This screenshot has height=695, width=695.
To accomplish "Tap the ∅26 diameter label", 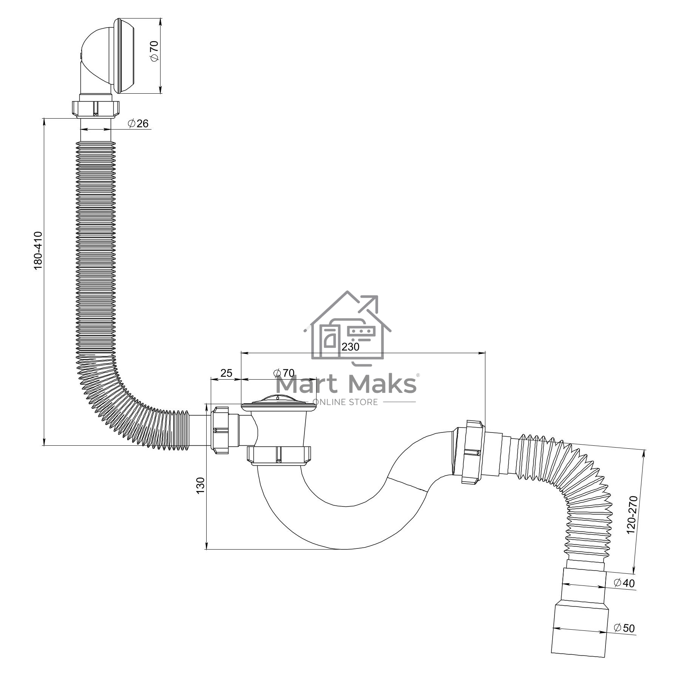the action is pos(138,123).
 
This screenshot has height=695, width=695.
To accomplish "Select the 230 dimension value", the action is pos(351,346).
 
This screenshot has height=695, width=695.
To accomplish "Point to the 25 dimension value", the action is pos(226,373).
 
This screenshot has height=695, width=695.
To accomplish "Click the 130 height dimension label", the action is pos(200,485).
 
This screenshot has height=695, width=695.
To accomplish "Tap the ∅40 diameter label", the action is pos(625,583).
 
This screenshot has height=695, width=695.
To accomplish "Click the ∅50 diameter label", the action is pos(625,628).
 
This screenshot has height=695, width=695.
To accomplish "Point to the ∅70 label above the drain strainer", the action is pos(284,373).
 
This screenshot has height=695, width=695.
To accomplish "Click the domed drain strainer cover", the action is pos(278,402).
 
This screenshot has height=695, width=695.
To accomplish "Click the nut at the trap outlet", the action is pos(473,452).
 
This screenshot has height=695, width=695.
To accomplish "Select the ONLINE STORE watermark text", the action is pos(346,402).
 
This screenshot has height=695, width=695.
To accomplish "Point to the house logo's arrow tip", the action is pos(377,296).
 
